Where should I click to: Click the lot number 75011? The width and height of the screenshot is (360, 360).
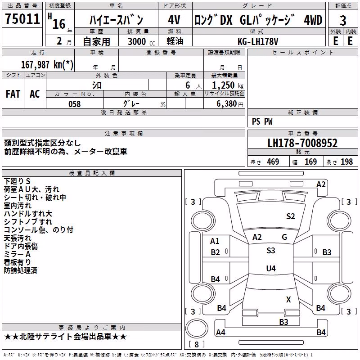click(22, 19)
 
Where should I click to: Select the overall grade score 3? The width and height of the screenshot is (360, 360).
click(343, 21)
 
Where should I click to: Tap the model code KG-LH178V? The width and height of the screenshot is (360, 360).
click(258, 41)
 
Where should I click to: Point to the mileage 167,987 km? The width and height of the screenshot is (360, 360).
click(47, 65)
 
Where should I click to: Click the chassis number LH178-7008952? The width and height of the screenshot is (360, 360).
click(302, 143)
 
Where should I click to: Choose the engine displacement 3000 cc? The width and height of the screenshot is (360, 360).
click(141, 41)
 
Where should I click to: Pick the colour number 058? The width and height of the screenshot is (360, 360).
click(75, 104)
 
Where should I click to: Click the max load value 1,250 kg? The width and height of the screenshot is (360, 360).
click(227, 85)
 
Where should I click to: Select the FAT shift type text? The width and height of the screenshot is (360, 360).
click(13, 94)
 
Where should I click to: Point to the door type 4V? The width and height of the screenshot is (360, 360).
click(174, 20)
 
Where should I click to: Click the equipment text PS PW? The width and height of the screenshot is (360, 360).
click(262, 121)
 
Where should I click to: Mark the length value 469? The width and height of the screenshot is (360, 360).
click(273, 162)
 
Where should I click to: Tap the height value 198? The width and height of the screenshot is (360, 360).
click(346, 162)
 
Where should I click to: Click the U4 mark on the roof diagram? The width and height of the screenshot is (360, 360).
click(271, 268)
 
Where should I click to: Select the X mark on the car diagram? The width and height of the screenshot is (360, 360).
click(288, 299)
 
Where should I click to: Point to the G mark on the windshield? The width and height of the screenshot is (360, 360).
click(284, 237)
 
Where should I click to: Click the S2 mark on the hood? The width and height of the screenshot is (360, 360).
click(290, 216)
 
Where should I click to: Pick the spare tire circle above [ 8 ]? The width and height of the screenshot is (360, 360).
click(197, 328)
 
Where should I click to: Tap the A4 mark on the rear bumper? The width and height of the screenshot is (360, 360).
click(220, 332)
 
